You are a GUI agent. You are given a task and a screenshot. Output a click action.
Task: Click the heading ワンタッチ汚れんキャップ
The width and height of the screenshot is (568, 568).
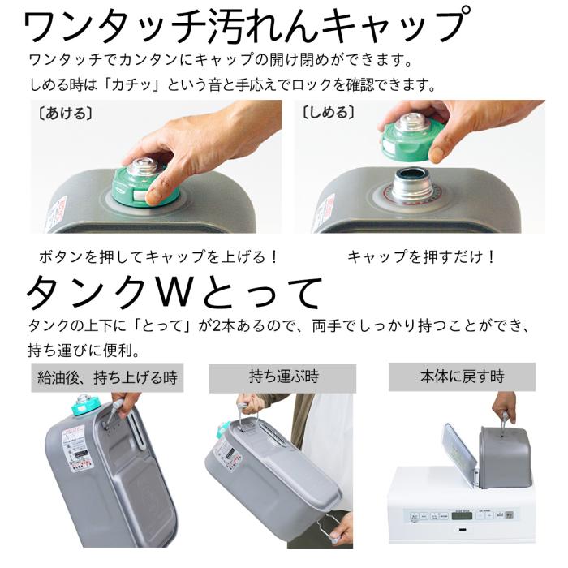(247, 26)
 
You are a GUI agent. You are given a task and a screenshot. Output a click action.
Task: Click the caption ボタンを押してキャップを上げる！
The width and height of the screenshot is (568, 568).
(158, 256)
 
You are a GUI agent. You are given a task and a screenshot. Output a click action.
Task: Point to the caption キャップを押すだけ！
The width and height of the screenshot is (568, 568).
(421, 256)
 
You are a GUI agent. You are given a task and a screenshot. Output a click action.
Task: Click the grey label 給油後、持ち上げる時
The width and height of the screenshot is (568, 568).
(106, 377)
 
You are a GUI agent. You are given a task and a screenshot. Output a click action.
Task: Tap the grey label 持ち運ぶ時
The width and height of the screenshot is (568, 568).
(283, 377)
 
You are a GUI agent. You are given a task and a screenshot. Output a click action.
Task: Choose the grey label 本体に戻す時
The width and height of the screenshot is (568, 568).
(462, 377)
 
